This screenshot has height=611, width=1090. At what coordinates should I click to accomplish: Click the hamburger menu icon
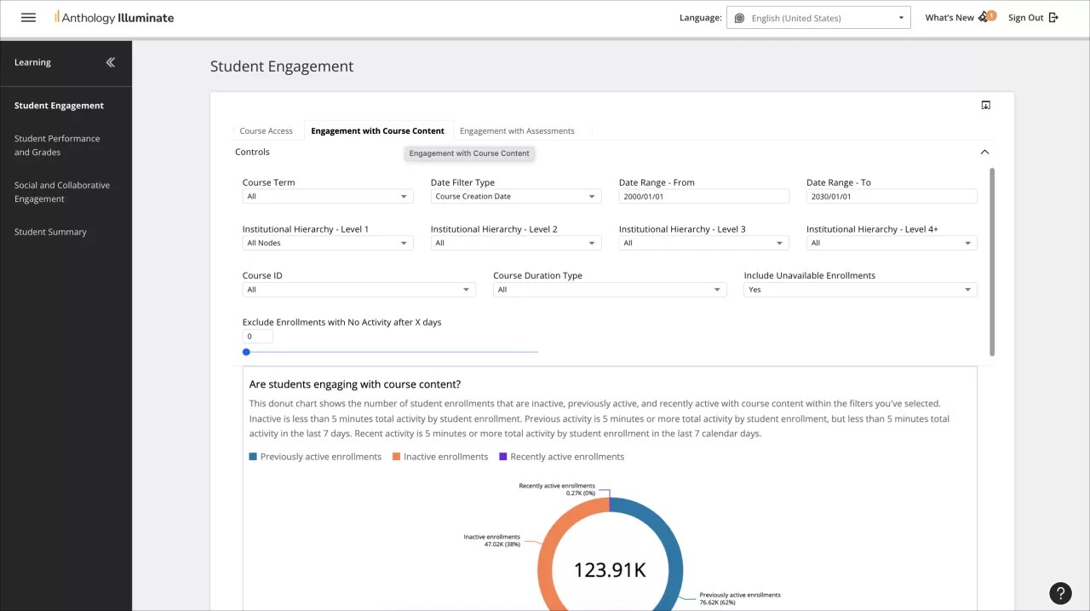[28, 17]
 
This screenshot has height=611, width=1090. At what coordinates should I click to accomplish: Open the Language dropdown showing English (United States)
[817, 18]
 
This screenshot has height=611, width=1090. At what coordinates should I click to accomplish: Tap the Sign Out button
[1032, 17]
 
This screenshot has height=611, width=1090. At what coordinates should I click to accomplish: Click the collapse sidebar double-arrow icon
[110, 62]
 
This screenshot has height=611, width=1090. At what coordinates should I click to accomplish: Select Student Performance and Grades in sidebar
[57, 145]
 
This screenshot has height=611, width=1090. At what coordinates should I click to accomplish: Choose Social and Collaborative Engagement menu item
[61, 192]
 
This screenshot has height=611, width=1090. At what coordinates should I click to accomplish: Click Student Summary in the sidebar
[50, 232]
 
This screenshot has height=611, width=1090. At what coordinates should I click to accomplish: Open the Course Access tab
[266, 131]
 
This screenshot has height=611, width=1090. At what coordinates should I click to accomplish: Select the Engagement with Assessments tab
[517, 131]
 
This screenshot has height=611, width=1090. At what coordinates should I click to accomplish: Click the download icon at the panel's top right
[985, 106]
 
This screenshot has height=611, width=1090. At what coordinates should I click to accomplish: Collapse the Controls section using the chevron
[984, 152]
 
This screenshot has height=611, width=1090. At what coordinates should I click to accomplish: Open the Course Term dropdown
[327, 197]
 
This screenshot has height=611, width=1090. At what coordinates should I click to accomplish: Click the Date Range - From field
[703, 197]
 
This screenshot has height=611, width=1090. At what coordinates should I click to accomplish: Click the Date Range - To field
[891, 197]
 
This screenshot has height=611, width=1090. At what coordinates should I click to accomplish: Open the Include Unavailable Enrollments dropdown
[860, 290]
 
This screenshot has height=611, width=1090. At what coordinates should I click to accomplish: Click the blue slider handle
[246, 352]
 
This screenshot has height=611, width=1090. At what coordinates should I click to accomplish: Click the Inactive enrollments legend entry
[440, 457]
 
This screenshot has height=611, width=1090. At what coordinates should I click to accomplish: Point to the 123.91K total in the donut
[610, 570]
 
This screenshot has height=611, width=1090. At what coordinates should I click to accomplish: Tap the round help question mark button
[1060, 593]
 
